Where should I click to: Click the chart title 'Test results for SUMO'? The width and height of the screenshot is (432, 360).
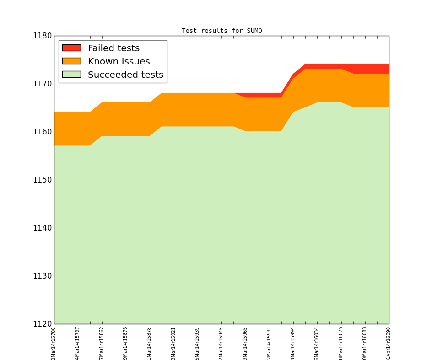click(x=221, y=31)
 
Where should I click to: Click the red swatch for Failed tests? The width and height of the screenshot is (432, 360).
click(x=71, y=48)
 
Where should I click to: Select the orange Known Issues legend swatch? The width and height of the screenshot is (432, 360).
click(x=71, y=61)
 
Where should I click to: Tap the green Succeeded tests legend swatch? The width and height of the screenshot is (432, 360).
click(x=71, y=75)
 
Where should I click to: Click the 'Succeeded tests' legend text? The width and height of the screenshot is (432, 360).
click(x=125, y=75)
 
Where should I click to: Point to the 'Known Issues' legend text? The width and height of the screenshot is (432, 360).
click(x=119, y=62)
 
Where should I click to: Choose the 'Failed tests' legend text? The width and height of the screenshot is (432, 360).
click(x=113, y=48)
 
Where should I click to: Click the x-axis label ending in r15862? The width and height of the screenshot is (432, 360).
click(x=102, y=343)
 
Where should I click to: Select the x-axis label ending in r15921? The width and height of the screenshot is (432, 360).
click(x=173, y=343)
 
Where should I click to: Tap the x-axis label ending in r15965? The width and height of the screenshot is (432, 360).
click(x=245, y=343)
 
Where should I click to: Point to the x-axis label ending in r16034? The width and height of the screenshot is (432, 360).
click(x=317, y=343)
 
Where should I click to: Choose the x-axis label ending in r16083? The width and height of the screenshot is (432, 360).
click(x=365, y=343)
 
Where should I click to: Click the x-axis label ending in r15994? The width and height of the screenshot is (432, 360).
click(x=293, y=343)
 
